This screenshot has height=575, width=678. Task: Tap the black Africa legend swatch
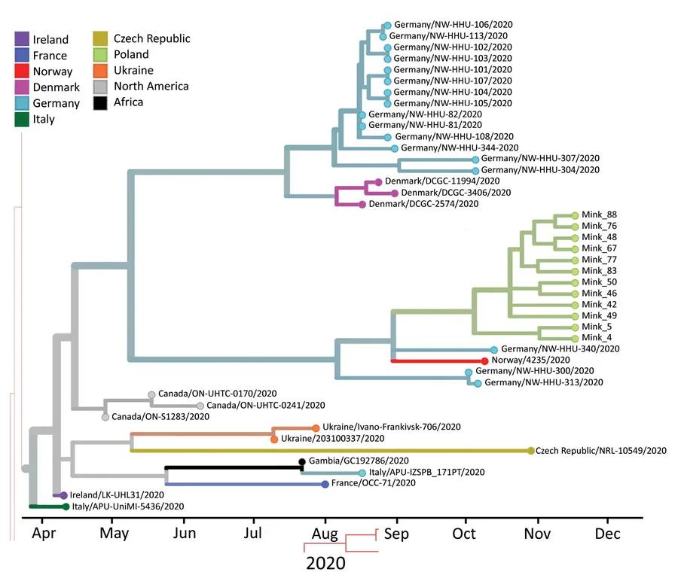100,102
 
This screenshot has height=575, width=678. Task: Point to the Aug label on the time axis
325,534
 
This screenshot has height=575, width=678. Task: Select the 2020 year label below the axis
325,562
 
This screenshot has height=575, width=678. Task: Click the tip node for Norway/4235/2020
486,361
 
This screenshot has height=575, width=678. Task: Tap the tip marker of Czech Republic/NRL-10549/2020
530,451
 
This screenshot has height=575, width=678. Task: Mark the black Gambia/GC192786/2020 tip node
301,461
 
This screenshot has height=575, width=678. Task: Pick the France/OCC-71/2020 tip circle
325,484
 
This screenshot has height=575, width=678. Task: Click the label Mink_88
594,214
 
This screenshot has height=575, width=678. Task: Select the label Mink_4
591,338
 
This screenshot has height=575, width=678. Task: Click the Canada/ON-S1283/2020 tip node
105,416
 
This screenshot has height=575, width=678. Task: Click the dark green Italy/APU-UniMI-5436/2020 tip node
66,507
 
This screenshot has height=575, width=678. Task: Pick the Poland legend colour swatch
100,55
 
